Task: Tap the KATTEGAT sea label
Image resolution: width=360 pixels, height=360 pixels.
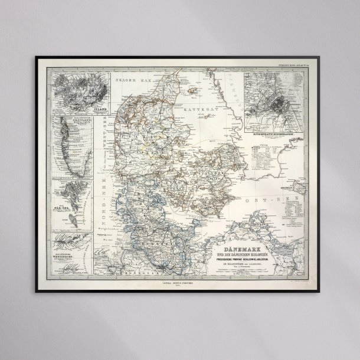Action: tap(183, 109)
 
